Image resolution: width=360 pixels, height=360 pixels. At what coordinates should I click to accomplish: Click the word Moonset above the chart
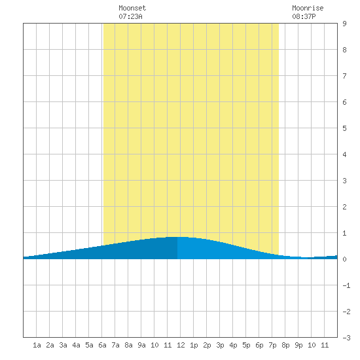click(132, 8)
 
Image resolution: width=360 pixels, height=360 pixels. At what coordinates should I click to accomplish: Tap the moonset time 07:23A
click(130, 16)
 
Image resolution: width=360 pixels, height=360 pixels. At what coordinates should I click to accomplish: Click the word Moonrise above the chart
click(308, 8)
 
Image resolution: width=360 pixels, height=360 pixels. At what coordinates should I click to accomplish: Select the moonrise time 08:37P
click(304, 16)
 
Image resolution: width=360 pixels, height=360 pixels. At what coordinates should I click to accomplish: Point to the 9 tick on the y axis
click(344, 24)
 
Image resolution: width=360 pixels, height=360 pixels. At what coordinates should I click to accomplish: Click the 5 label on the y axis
click(344, 128)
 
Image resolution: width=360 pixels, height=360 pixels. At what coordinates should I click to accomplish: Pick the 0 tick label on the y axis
click(344, 259)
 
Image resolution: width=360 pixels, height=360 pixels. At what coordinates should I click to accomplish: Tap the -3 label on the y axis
click(346, 338)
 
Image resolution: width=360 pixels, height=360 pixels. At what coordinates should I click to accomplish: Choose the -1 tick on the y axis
click(346, 285)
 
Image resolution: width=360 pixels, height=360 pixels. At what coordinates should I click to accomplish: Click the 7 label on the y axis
click(344, 76)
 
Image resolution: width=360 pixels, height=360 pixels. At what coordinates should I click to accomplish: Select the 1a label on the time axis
click(37, 345)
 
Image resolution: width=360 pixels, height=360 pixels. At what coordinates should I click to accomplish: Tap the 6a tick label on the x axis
click(102, 345)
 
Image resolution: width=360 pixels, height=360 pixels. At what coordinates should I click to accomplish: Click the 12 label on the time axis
click(181, 345)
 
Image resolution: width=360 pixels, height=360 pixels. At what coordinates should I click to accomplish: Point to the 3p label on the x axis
click(220, 345)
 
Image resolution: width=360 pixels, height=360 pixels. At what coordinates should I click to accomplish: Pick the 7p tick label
click(272, 345)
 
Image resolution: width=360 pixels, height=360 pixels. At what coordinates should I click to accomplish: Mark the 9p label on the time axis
click(298, 345)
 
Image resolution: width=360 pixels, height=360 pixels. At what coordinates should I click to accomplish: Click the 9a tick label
click(141, 345)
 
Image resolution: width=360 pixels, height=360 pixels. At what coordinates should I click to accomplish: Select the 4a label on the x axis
click(76, 345)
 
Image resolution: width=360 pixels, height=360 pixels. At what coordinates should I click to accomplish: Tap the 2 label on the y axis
click(344, 207)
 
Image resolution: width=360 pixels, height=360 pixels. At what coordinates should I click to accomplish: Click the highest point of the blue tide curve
click(180, 237)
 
